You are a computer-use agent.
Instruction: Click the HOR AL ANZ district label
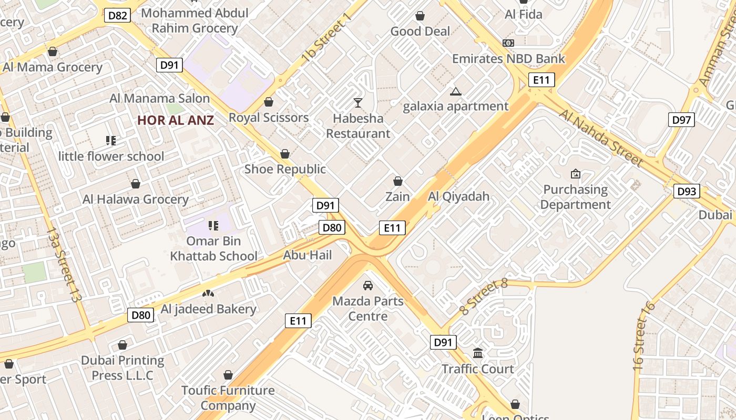pos(176,120)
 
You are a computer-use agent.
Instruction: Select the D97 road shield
pos(681,120)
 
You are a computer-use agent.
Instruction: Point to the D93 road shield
pos(687,191)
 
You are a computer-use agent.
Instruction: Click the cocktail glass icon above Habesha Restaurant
pos(358,102)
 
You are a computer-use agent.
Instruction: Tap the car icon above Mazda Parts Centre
pos(368,286)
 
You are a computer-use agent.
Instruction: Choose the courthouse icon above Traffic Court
pos(478,353)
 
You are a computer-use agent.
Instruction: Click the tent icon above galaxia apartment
pos(455,92)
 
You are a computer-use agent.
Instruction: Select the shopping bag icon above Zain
pos(398,181)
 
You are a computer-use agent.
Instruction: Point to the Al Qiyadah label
pos(458,196)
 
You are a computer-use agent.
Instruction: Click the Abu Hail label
pos(308,255)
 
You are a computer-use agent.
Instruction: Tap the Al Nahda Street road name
pos(600,138)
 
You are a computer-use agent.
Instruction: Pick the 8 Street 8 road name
pos(484,297)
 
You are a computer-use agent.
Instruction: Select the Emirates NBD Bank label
pos(508,58)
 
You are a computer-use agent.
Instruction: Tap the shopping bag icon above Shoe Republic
pos(285,154)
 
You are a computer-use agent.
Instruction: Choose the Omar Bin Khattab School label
pos(213,248)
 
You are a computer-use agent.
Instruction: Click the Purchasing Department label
pos(575,197)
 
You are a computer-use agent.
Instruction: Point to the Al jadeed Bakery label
pos(208,309)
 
